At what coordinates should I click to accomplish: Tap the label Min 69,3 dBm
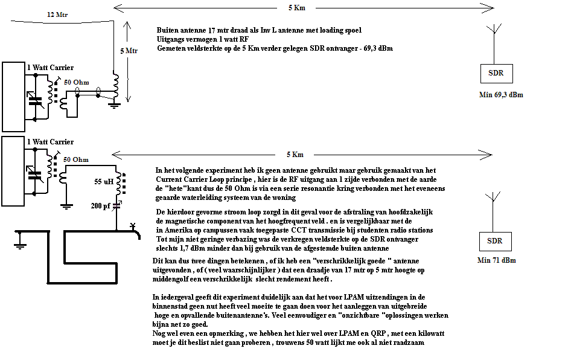(500, 95)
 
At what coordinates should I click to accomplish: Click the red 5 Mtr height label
(129, 51)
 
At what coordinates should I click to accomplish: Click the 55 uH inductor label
(104, 181)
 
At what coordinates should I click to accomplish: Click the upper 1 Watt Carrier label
(50, 68)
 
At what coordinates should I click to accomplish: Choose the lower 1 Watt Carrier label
(50, 142)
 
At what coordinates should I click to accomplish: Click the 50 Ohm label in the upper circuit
(76, 82)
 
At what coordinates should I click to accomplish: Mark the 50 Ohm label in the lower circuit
(76, 159)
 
